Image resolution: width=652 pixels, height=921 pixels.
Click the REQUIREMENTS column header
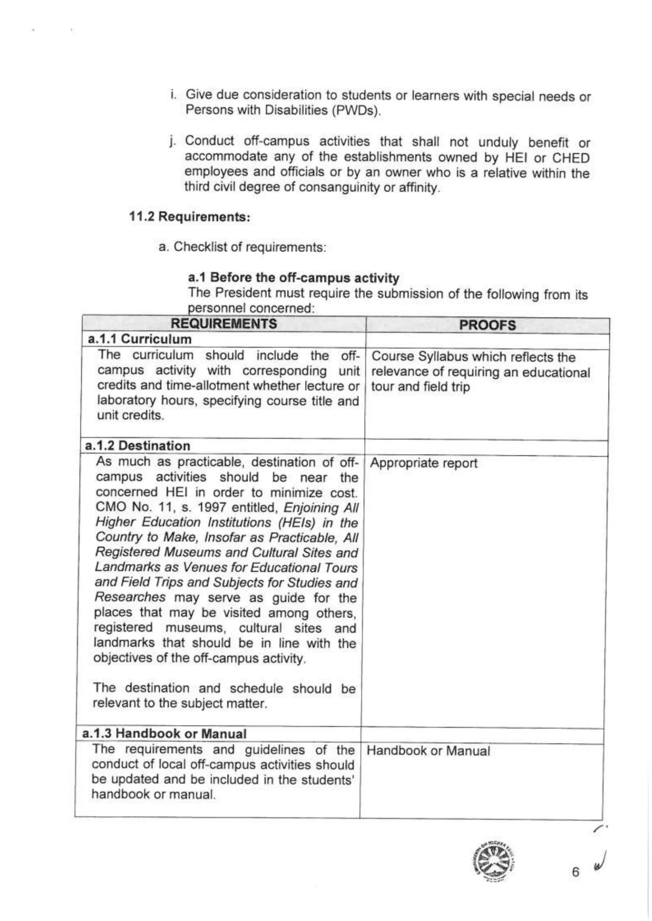[223, 324]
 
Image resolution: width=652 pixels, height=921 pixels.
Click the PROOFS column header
[487, 325]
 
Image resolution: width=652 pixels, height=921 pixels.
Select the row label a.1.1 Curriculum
[139, 339]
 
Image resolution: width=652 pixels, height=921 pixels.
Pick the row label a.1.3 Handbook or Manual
[164, 734]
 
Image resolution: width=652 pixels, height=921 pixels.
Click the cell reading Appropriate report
[423, 463]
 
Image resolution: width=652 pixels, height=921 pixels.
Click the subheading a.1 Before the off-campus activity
[294, 278]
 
